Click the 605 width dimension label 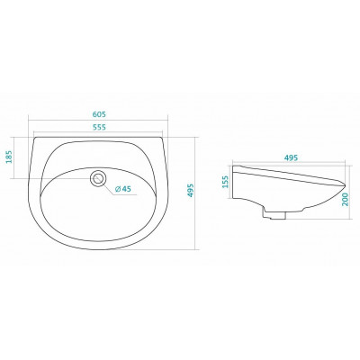[x=99, y=114]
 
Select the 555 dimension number [x=99, y=127]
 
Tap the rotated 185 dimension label [x=9, y=157]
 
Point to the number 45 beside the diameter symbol [x=127, y=189]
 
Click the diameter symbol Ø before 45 [x=118, y=189]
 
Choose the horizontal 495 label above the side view [x=291, y=157]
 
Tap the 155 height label [x=226, y=182]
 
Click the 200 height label [x=346, y=199]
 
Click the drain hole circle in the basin [x=98, y=173]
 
